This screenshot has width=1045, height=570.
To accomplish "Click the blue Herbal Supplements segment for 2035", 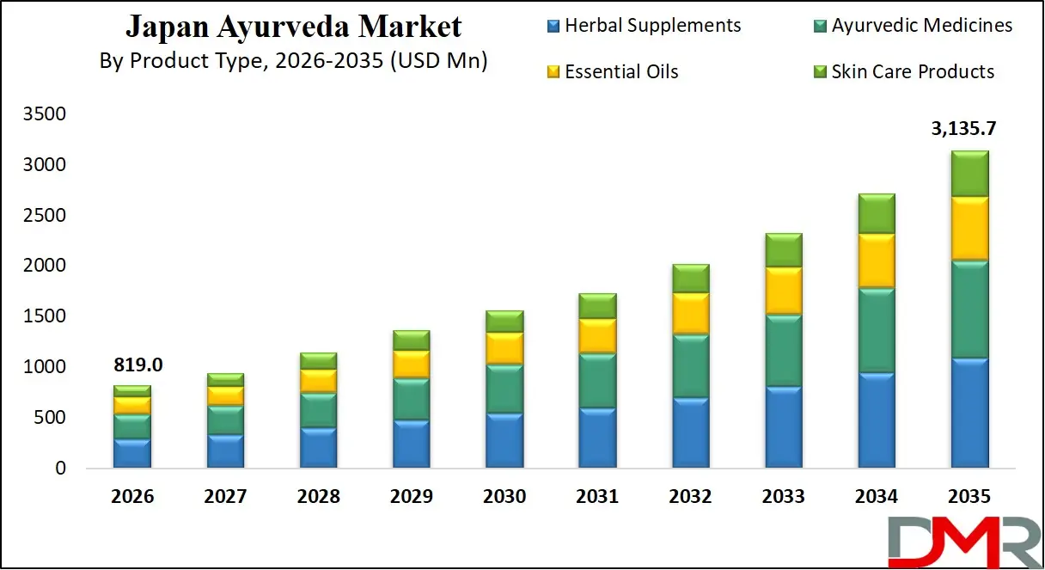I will click(x=969, y=414).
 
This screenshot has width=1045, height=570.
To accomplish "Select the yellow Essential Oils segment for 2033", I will click(x=783, y=291).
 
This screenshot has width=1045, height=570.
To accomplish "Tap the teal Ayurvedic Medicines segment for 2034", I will click(x=876, y=330).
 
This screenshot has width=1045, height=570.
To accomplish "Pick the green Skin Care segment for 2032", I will click(x=690, y=279).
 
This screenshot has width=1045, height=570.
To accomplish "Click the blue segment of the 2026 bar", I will click(x=132, y=453).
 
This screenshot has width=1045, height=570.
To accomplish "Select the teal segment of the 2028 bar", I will click(x=318, y=410).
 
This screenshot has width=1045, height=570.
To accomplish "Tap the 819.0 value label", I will click(x=137, y=365).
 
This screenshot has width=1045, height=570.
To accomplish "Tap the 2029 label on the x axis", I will click(x=412, y=496).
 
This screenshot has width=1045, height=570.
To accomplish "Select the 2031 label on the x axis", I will click(x=597, y=496).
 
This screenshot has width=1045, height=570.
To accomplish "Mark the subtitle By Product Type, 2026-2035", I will click(x=293, y=61).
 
